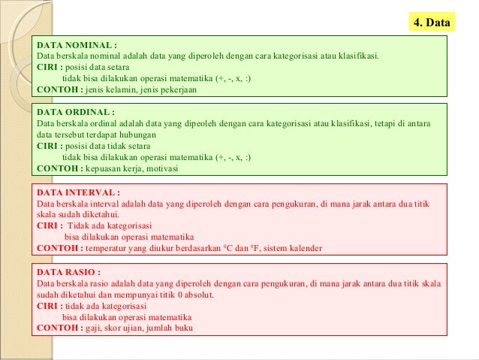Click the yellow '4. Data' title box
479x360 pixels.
click(433, 23)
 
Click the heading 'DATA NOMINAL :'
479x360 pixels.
click(77, 44)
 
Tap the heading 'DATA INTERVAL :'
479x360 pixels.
click(79, 192)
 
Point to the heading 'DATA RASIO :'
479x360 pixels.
click(68, 272)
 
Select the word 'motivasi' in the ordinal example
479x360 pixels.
click(161, 169)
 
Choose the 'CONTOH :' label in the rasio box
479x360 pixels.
click(59, 328)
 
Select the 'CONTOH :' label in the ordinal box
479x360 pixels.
click(59, 169)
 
